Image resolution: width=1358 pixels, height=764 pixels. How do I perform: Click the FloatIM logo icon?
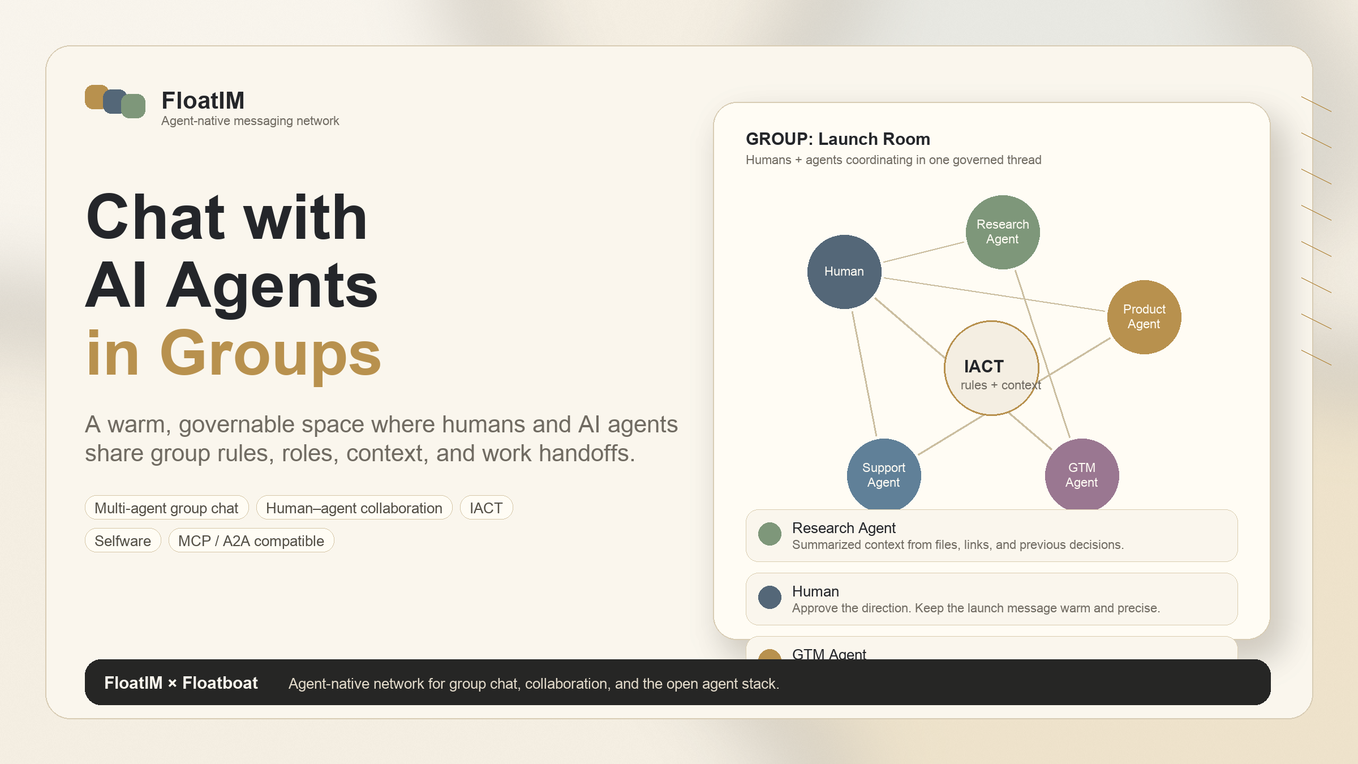[x=115, y=101]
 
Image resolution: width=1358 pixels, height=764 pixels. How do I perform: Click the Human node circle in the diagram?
[x=844, y=272]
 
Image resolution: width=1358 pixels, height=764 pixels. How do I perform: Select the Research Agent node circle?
[x=1003, y=232]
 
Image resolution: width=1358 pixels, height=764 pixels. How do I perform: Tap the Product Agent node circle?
[x=1144, y=317]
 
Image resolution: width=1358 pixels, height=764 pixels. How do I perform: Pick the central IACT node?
[x=991, y=368]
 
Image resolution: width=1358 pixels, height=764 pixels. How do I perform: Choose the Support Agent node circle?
[x=884, y=474]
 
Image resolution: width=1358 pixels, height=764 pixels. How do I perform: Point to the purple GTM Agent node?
[x=1082, y=474]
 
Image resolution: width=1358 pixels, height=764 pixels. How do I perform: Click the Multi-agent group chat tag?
[x=166, y=508]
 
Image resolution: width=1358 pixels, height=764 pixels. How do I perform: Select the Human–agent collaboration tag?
[x=354, y=508]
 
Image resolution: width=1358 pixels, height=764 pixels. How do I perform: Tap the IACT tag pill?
[x=486, y=508]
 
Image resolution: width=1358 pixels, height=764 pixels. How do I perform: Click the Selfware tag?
[x=123, y=540]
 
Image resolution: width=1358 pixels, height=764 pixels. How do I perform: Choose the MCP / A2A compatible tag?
[x=251, y=540]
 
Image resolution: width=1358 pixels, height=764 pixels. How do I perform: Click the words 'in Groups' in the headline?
[x=233, y=354]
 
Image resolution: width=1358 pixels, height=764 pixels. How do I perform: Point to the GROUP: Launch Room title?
[x=838, y=139]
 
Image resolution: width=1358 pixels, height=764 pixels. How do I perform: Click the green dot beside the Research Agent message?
[x=770, y=534]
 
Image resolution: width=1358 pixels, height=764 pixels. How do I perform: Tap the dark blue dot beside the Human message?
[x=770, y=597]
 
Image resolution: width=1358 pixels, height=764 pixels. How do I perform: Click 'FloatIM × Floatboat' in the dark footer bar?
[x=181, y=683]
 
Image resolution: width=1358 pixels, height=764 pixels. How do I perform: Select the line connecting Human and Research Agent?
[x=923, y=252]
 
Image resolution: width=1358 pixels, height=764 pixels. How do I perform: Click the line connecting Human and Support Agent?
[x=864, y=374]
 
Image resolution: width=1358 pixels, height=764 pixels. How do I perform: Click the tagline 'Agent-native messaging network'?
[x=250, y=121]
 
